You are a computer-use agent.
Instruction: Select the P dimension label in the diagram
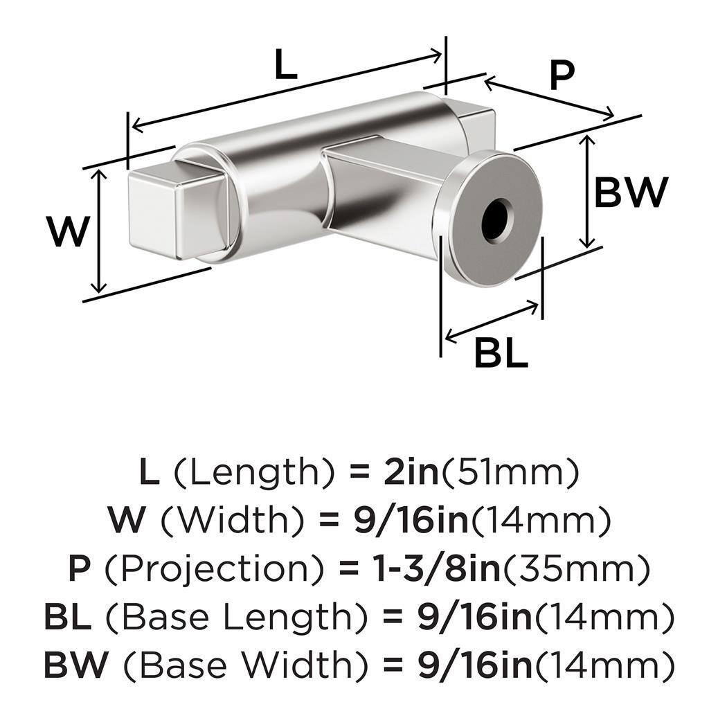tap(562, 76)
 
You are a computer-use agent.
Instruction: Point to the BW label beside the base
tap(631, 192)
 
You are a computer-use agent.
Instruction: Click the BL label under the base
tap(501, 354)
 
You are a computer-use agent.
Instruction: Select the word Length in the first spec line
tap(252, 474)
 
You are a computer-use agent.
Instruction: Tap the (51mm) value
tap(509, 474)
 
